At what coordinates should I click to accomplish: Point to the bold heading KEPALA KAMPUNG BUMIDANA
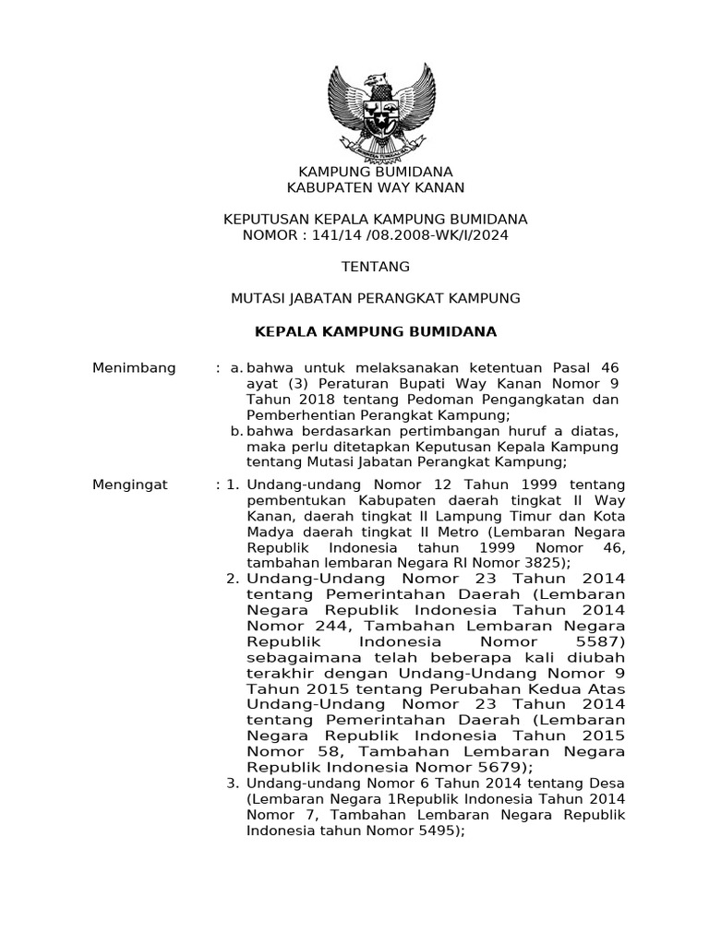click(376, 330)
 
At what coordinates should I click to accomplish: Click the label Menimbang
click(134, 368)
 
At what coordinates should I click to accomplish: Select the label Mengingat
click(130, 484)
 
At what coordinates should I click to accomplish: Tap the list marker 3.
click(233, 783)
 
